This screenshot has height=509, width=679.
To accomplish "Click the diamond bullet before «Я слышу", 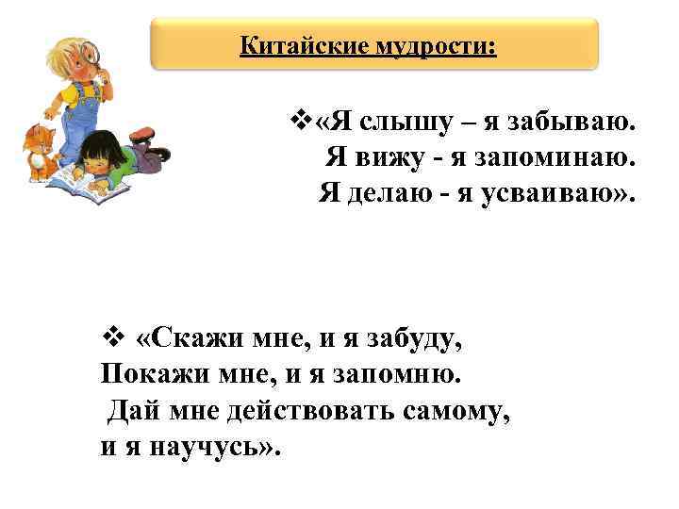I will pos(301,123).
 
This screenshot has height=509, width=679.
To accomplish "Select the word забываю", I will pos(574,123).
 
